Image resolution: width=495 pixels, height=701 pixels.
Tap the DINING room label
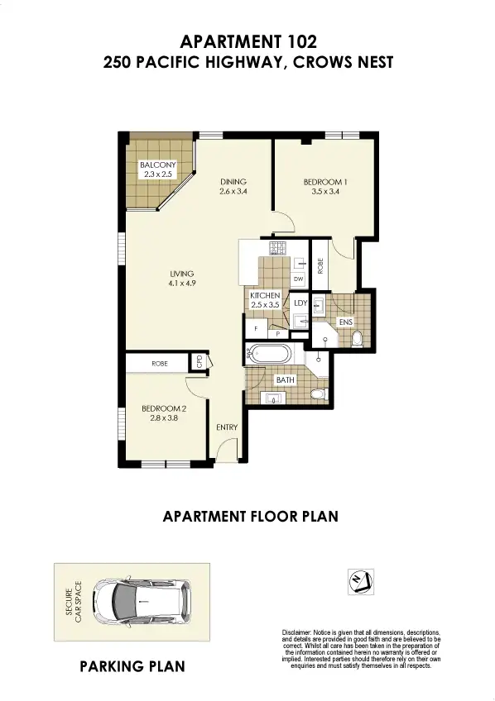click(233, 183)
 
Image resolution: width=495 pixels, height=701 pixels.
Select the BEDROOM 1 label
click(322, 183)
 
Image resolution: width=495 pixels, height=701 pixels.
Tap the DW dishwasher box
click(299, 279)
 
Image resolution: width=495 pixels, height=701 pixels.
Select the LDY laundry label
click(300, 303)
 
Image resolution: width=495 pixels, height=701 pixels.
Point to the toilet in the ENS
click(357, 339)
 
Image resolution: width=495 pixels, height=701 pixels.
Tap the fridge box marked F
click(256, 328)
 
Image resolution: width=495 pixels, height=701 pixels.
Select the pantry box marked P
click(277, 333)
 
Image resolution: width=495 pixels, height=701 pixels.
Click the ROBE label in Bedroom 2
click(160, 363)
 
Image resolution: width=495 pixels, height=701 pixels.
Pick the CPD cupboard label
click(199, 361)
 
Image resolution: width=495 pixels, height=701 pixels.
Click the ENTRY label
click(227, 427)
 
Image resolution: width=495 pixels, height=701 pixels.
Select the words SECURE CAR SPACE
click(74, 601)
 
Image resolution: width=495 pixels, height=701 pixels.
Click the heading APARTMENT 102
click(247, 41)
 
